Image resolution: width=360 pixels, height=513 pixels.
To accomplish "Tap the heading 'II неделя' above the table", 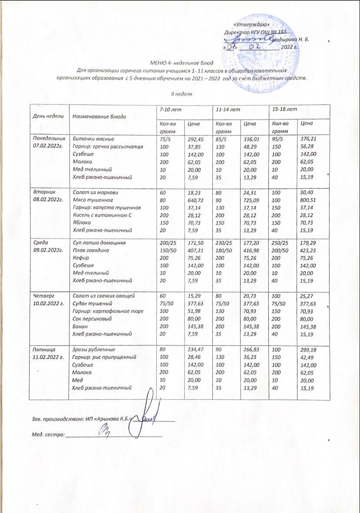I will click(181, 93).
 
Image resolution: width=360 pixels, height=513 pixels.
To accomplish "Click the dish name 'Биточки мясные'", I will click(92, 139).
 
